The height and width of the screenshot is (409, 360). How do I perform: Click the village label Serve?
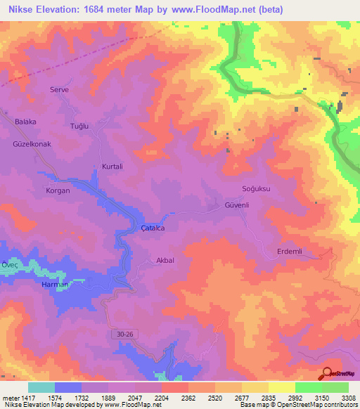(58, 89)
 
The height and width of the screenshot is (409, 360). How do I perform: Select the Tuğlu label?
(77, 125)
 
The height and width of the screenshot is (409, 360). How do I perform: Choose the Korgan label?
(58, 190)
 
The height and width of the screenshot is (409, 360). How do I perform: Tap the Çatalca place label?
(153, 228)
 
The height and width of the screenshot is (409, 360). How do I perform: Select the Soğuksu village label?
(256, 190)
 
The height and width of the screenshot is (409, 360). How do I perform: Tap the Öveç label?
(8, 264)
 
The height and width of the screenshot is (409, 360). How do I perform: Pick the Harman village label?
(56, 284)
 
